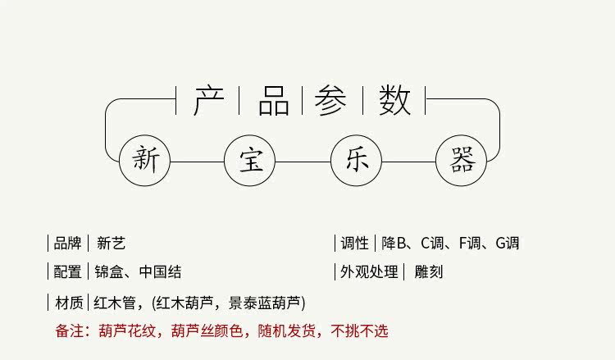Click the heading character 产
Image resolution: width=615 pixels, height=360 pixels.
coord(208,100)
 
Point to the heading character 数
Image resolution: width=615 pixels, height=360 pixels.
coord(394,100)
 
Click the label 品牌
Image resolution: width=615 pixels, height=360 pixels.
coord(67,243)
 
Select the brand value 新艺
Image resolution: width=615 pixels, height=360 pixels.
coord(111,243)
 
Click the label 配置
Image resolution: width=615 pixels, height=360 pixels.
coord(67,272)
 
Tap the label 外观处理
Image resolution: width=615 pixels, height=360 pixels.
coord(369,272)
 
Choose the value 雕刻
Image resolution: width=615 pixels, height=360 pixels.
coord(429,272)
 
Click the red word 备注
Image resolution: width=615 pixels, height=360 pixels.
coord(69,331)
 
